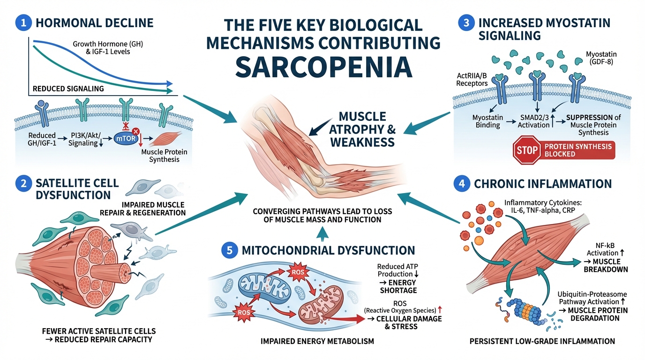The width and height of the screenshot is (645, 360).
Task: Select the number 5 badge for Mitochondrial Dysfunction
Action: click(x=229, y=250)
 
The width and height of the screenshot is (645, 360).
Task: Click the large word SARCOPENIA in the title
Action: click(x=323, y=67)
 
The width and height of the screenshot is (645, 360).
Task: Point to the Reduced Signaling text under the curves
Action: click(x=68, y=89)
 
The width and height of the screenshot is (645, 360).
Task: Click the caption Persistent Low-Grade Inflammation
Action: click(x=542, y=341)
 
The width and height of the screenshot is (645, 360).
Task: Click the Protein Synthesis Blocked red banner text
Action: click(x=578, y=150)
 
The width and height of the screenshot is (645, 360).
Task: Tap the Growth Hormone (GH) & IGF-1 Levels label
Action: click(x=108, y=48)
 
